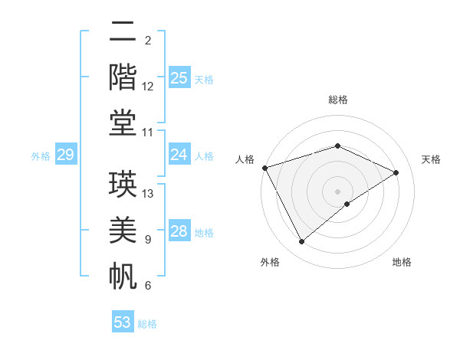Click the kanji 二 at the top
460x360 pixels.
point(123,31)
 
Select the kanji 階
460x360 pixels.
point(123,77)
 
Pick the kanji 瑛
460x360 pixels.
point(123,185)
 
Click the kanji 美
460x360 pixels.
point(123,230)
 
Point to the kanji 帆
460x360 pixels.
point(123,275)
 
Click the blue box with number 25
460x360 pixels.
point(179,78)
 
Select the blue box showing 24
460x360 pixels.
point(179,155)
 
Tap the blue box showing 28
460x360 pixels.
point(179,232)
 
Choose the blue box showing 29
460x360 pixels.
point(65,155)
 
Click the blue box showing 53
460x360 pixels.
point(123,322)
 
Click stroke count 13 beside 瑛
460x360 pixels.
point(149,194)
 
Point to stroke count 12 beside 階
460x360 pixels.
point(149,86)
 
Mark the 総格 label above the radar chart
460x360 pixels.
point(337,100)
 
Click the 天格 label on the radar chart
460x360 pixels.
point(431,159)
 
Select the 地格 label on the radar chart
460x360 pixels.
point(402,262)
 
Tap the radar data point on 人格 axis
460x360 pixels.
point(264,167)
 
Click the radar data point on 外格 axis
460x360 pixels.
point(301,242)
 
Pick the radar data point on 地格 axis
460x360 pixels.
point(347,204)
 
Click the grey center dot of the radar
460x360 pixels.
point(337,191)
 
